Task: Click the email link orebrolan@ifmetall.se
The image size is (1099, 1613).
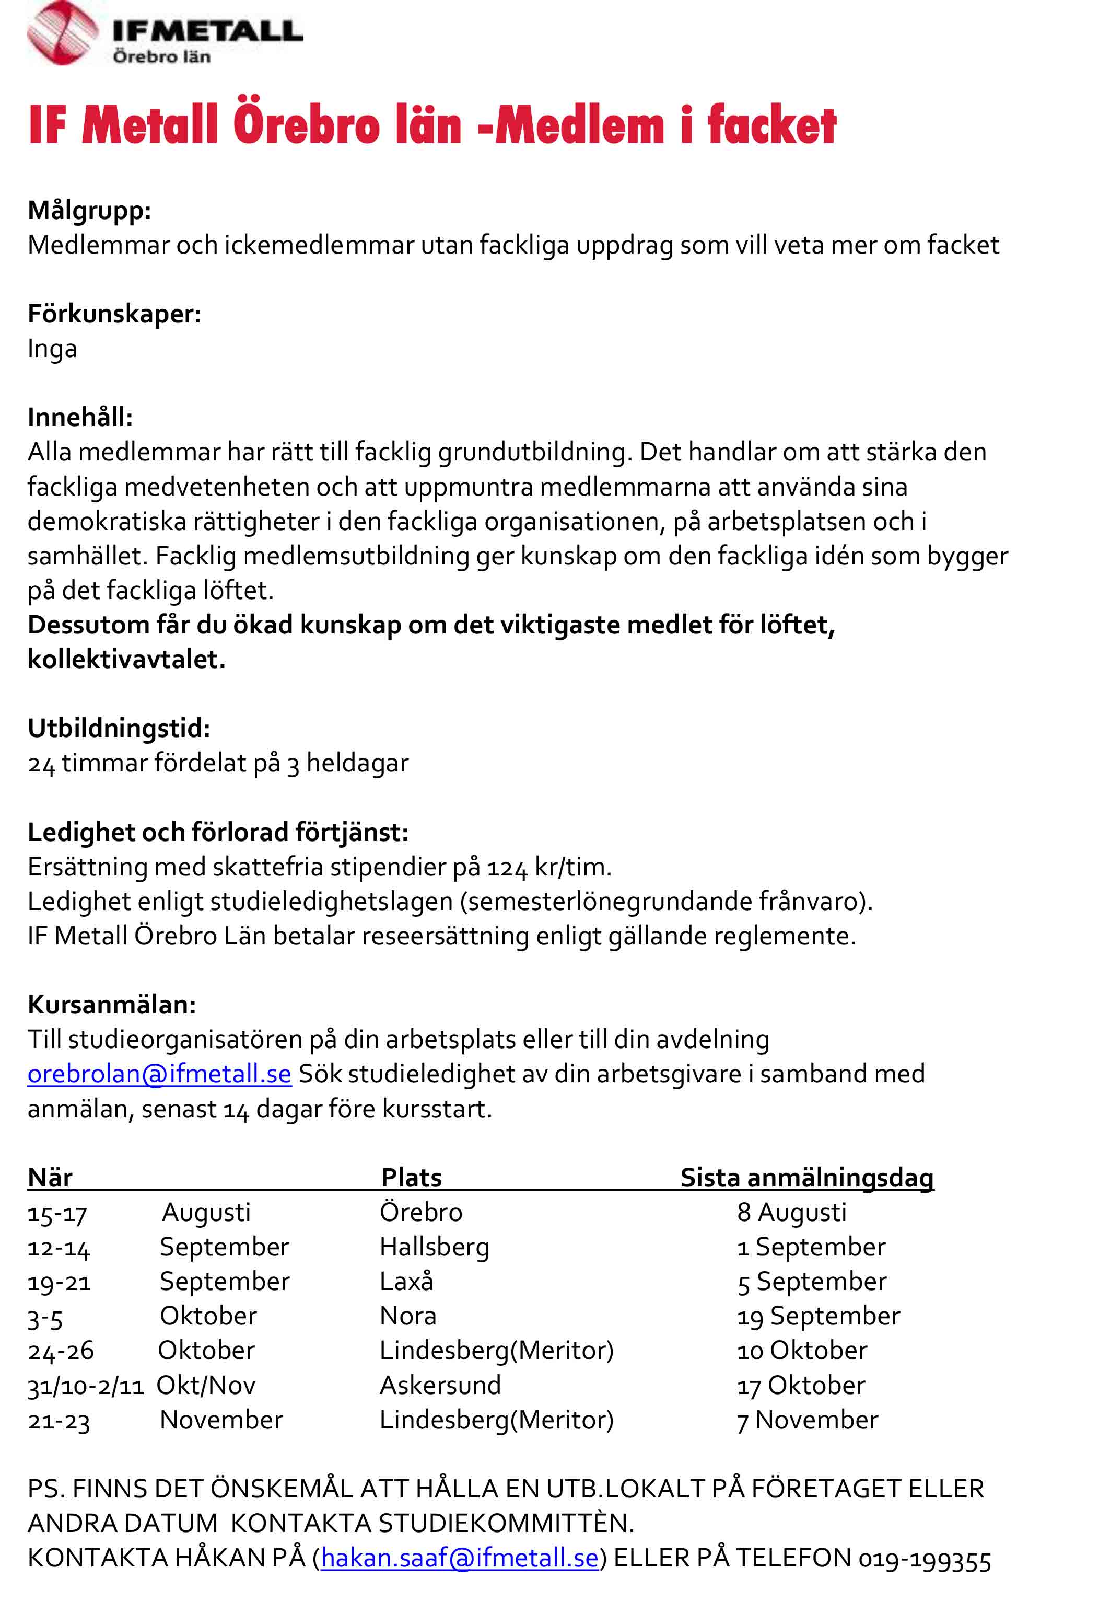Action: (159, 1074)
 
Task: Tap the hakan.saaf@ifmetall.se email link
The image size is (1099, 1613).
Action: (459, 1558)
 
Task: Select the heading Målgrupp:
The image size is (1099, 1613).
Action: (89, 210)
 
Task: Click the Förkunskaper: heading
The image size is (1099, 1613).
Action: (114, 314)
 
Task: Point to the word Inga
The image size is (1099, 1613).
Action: (52, 349)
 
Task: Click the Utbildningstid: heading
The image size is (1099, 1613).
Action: (118, 728)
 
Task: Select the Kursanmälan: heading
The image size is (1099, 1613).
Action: (112, 1004)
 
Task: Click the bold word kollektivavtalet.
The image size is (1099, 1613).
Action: (125, 659)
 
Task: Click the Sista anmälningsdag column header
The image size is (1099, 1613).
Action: (806, 1177)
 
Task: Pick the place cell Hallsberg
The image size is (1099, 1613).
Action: (435, 1247)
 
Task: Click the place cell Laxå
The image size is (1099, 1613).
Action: (406, 1281)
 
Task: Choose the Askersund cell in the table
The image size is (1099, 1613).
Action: (440, 1385)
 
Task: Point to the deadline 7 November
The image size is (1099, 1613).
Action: (807, 1420)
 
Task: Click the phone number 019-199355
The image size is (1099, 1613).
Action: (924, 1559)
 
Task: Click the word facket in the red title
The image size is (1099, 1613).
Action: (771, 125)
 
